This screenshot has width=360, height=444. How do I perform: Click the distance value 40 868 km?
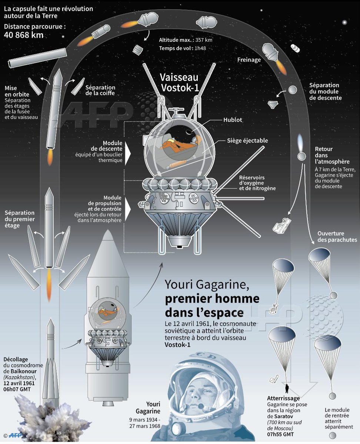[x=24, y=35]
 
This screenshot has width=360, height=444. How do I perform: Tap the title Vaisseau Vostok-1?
[x=179, y=83]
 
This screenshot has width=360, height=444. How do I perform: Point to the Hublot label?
[x=233, y=120]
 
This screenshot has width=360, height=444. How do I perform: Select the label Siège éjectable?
[x=247, y=141]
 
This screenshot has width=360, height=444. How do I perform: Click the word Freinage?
[x=249, y=60]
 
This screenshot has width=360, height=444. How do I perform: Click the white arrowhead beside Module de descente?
[x=128, y=151]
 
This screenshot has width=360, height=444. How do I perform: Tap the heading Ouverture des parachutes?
[x=337, y=237]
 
